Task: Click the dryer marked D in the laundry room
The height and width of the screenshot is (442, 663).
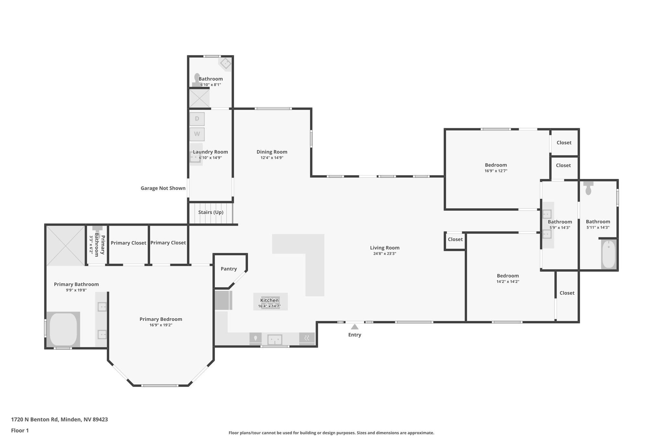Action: coord(197,119)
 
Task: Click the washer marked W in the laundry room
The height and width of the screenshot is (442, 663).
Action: coord(197,134)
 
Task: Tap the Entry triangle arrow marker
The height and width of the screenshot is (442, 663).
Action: coord(354,327)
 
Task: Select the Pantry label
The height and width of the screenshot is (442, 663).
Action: coord(229,269)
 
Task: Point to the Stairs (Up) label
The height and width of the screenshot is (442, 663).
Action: coord(211,212)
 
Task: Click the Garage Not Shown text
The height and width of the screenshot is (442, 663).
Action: coord(163,188)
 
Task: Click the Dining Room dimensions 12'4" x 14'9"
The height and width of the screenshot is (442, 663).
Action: coord(272,158)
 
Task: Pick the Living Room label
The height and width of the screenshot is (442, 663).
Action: coord(385,248)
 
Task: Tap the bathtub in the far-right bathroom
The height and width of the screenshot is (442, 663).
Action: coord(609,255)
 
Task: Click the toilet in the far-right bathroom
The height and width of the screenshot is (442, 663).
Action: coord(588,188)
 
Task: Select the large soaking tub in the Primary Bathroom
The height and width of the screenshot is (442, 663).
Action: coord(63,329)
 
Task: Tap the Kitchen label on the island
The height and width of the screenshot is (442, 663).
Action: coord(269,300)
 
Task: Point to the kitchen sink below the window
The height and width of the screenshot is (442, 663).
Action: coord(275,340)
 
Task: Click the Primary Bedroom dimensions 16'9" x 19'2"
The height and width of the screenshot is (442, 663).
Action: coord(161,325)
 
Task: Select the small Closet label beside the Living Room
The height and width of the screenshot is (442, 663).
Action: coord(455,239)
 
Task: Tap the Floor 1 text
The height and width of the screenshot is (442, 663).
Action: coord(20,430)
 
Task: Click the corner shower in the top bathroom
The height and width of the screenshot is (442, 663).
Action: coord(226,63)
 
